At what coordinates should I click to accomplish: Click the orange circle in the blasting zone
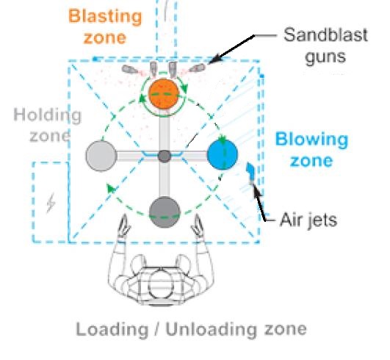[x=164, y=93]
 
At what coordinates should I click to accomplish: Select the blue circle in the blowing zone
[x=223, y=155]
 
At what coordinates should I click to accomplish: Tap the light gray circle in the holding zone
[x=101, y=156]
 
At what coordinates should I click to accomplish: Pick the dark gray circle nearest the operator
[x=165, y=212]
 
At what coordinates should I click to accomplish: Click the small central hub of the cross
[x=165, y=156]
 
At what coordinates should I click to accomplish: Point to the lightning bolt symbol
[x=51, y=203]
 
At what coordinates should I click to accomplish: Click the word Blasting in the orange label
[x=105, y=16]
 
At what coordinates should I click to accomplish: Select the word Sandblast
[x=325, y=35]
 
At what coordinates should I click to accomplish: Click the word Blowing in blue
[x=312, y=140]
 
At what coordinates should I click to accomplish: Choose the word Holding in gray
[x=48, y=115]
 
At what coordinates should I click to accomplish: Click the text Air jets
[x=308, y=220]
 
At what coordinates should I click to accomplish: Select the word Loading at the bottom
[x=112, y=330]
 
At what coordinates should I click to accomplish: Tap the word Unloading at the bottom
[x=211, y=330]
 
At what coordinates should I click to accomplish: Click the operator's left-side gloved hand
[x=123, y=226]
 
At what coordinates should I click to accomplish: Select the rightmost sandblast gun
[x=198, y=68]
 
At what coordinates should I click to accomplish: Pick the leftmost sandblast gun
[x=129, y=69]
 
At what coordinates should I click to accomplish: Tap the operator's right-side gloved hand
[x=198, y=226]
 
